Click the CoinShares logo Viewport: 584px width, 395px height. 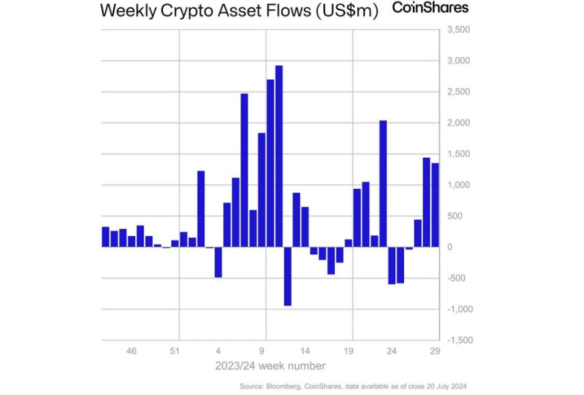pyautogui.click(x=431, y=9)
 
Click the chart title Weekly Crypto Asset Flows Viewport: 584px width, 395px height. pyautogui.click(x=238, y=12)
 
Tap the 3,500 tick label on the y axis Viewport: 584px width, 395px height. pyautogui.click(x=458, y=31)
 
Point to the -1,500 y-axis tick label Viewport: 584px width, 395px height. pyautogui.click(x=457, y=340)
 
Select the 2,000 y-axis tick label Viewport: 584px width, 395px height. pyautogui.click(x=458, y=123)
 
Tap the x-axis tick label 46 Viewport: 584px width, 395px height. pyautogui.click(x=132, y=351)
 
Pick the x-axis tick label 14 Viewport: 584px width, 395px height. pyautogui.click(x=306, y=351)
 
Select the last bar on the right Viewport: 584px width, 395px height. pyautogui.click(x=435, y=205)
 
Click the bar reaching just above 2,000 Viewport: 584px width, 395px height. pyautogui.click(x=383, y=184)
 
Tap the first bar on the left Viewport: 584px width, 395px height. pyautogui.click(x=105, y=237)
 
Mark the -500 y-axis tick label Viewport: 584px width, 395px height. pyautogui.click(x=458, y=278)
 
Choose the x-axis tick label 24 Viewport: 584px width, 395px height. pyautogui.click(x=392, y=351)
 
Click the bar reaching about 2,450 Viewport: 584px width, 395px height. pyautogui.click(x=244, y=170)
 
